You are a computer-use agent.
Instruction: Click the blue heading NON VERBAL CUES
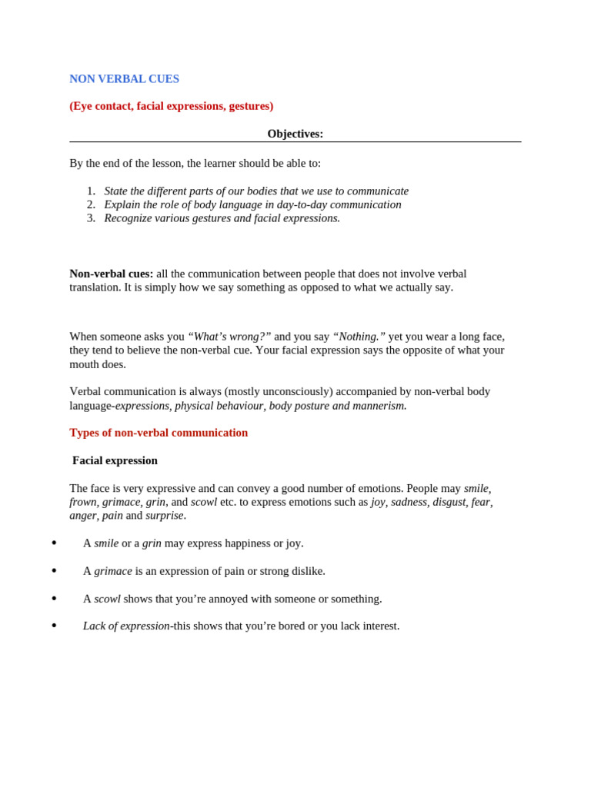(124, 79)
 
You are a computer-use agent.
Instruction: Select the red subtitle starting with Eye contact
(171, 106)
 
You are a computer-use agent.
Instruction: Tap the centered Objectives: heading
(295, 134)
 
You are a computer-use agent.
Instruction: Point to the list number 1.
(91, 191)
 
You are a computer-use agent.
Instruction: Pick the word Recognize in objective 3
(128, 218)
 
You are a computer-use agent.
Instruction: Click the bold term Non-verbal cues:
(111, 274)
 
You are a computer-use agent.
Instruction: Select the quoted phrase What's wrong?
(229, 337)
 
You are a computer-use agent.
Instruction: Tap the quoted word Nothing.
(359, 337)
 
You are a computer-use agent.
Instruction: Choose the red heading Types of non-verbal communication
(159, 433)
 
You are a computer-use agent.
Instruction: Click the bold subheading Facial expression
(115, 460)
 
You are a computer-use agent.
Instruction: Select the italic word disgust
(449, 502)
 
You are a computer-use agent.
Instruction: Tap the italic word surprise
(165, 516)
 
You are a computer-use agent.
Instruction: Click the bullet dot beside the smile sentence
(54, 543)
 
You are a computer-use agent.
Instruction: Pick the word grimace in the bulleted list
(113, 571)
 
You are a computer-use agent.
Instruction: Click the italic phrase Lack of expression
(126, 626)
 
